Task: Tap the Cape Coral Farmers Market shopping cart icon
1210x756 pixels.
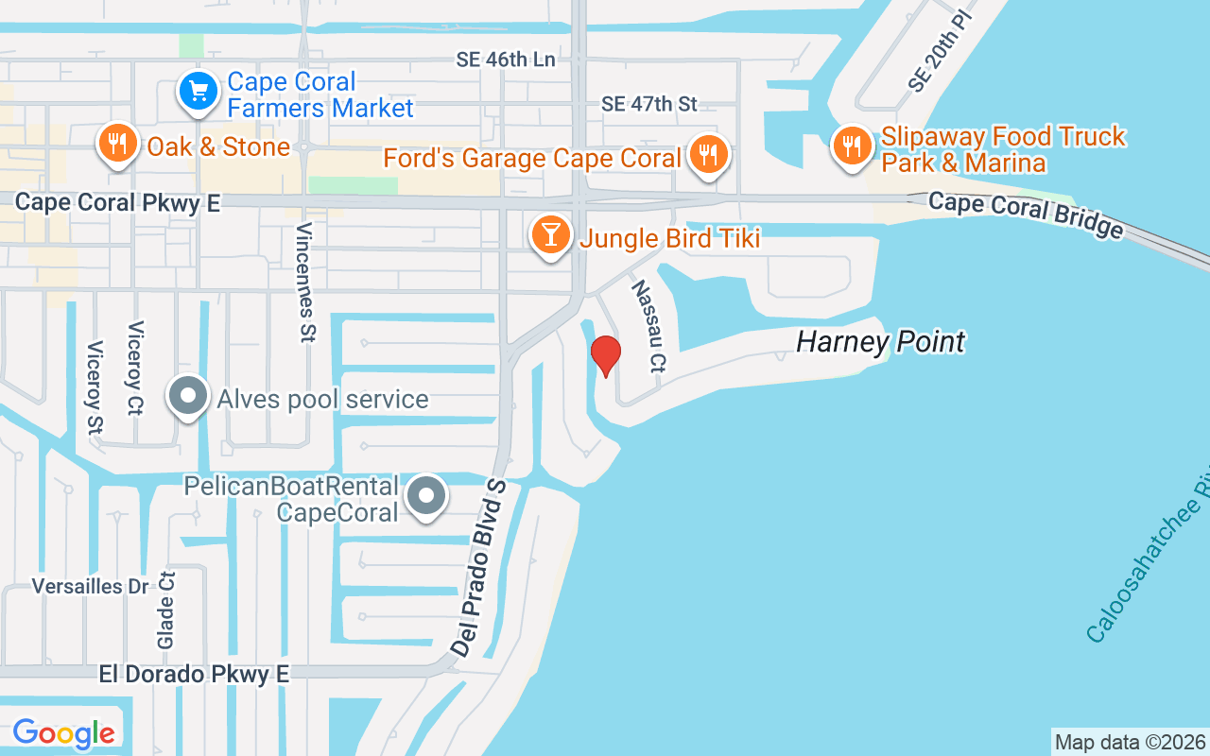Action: (199, 93)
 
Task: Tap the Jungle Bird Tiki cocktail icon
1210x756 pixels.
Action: (550, 234)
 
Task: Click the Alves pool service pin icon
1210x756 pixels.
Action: (188, 397)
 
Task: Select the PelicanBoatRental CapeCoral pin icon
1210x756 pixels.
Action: (427, 495)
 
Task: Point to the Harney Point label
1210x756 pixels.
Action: (880, 341)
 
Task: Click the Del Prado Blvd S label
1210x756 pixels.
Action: (480, 567)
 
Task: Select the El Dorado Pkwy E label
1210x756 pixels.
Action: (194, 674)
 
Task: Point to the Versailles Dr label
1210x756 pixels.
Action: (91, 586)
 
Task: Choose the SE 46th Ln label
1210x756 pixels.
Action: (506, 60)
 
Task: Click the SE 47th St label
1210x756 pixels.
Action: (649, 103)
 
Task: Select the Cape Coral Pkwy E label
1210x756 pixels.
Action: (118, 202)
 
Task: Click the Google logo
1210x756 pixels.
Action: (64, 732)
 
